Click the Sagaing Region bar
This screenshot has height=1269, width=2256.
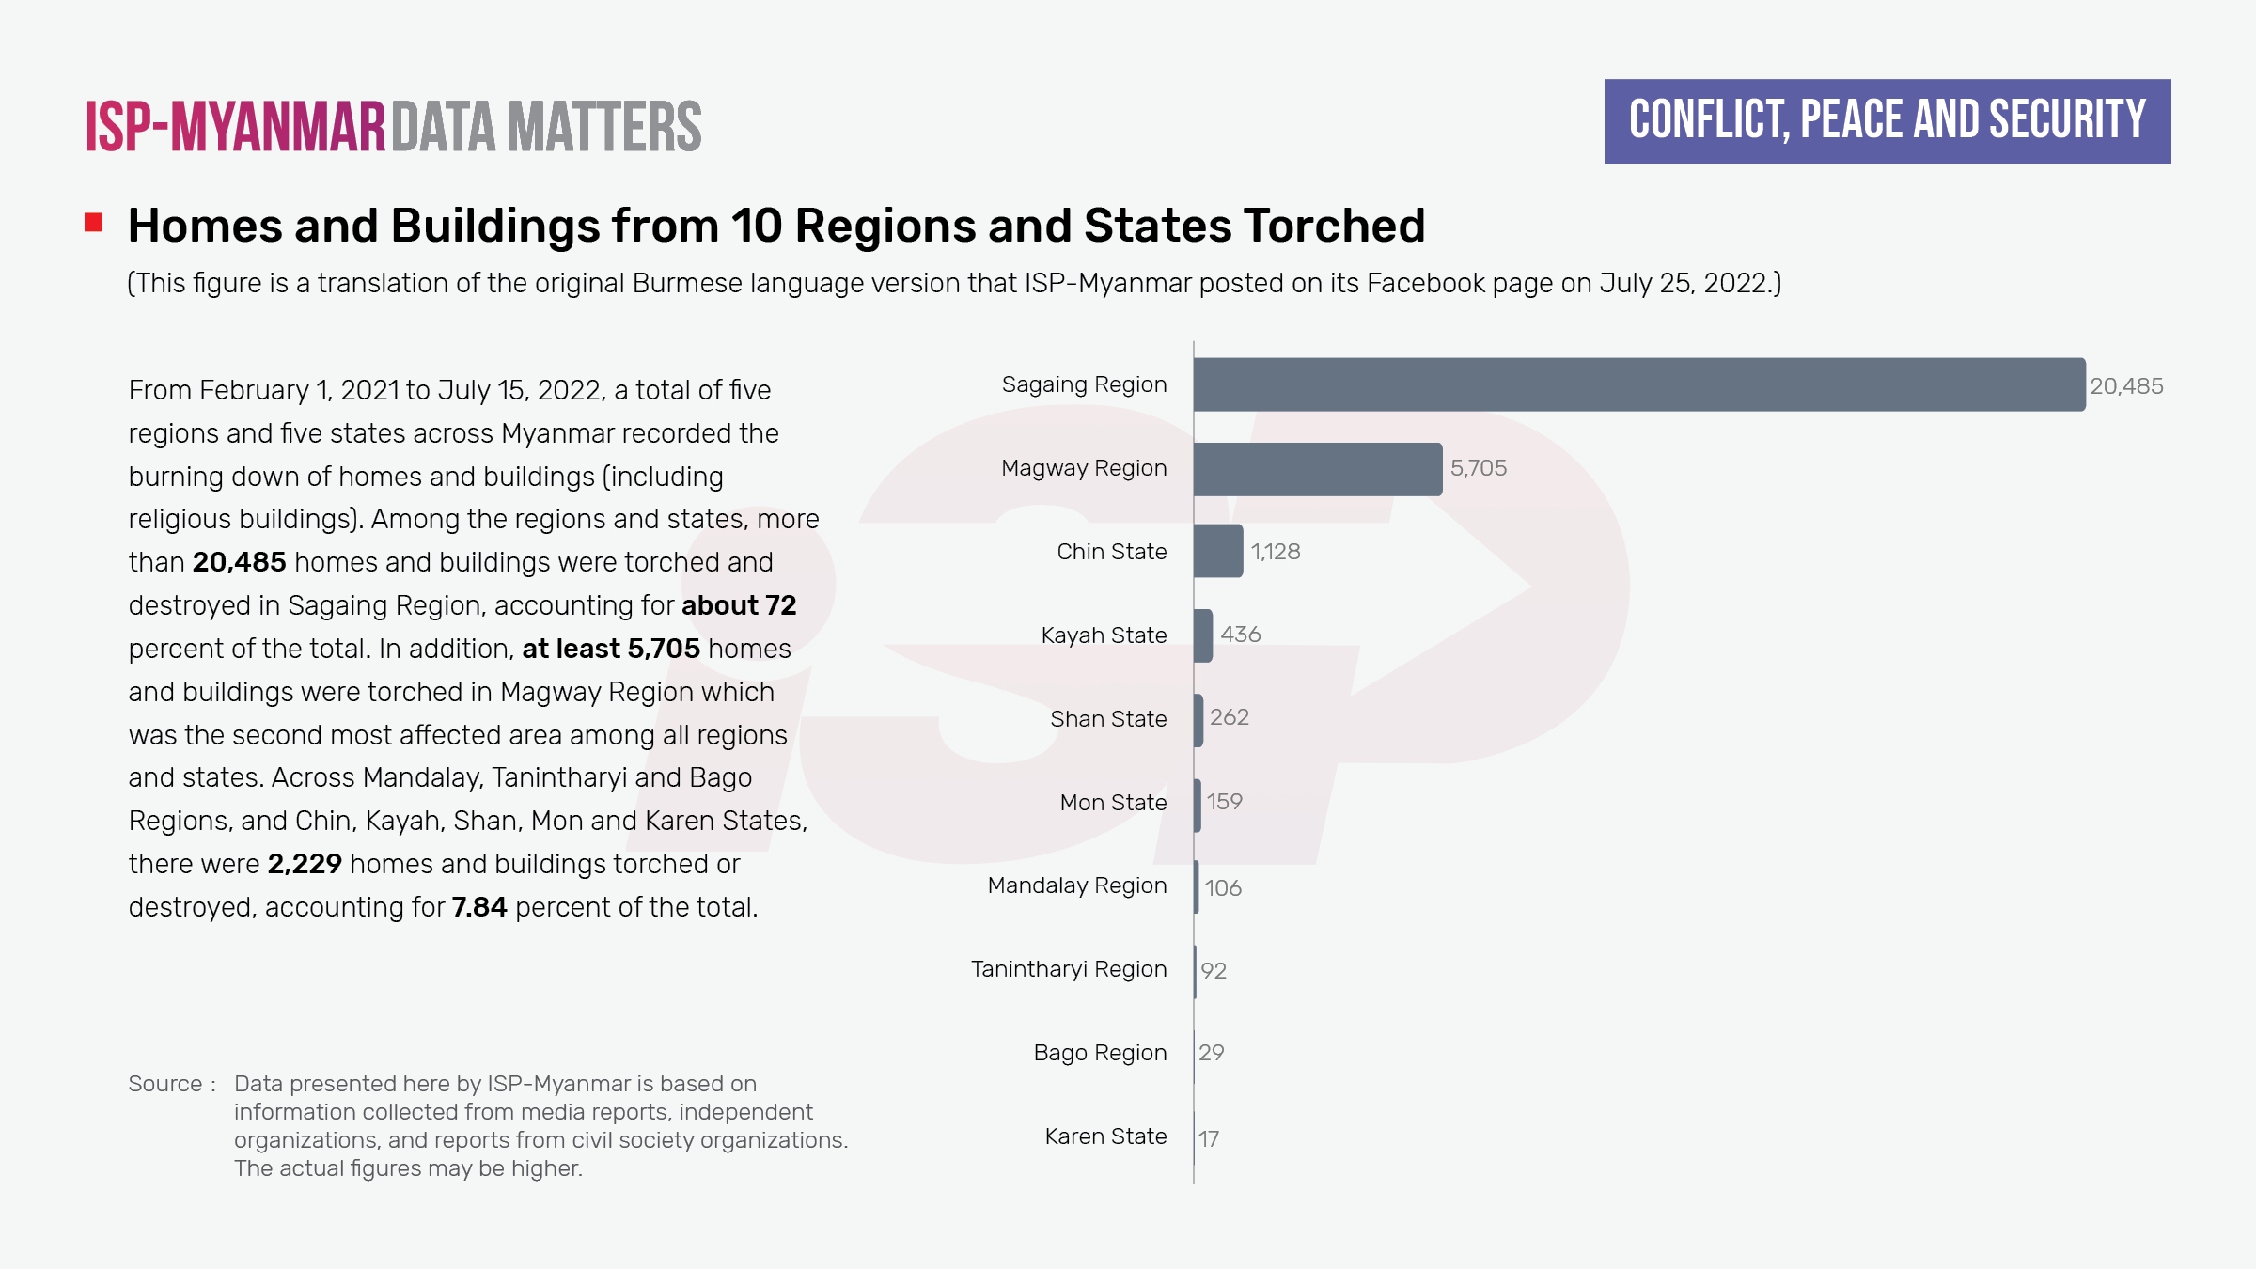coord(1638,384)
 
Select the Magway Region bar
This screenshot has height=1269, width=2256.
coord(1317,469)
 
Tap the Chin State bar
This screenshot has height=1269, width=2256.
coord(1218,551)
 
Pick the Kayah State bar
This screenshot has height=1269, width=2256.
coord(1203,635)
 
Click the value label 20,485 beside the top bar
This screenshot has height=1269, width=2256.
coord(2126,386)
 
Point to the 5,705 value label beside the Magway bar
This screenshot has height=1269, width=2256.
coord(1478,468)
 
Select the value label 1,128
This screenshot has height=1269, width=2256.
coord(1275,552)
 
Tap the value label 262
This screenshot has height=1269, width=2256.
coord(1229,717)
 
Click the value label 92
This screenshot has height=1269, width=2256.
coord(1214,971)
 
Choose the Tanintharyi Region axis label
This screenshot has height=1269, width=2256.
coord(1069,969)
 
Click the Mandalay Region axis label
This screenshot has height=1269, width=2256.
coord(1077,885)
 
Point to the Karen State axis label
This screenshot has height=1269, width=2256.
coord(1105,1136)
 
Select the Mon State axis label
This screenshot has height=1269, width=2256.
coord(1113,803)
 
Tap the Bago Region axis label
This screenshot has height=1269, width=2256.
coord(1100,1053)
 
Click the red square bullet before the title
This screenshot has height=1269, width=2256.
coord(93,223)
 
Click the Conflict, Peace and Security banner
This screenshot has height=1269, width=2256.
coord(1887,121)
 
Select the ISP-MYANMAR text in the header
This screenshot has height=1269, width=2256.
coord(236,127)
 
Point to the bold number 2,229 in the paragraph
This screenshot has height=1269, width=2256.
coord(305,864)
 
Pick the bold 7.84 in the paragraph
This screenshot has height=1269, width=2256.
coord(478,907)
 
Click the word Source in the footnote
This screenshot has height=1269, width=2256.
coord(165,1084)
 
